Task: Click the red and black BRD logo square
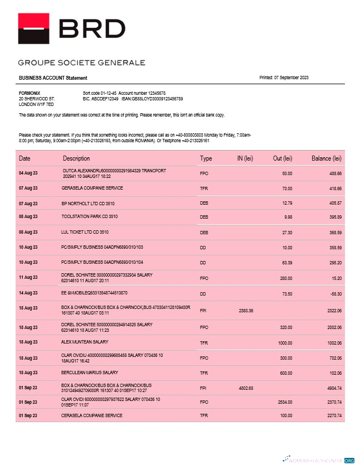[x=37, y=28]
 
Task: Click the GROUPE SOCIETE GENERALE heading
[x=81, y=62]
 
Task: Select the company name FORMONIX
[x=29, y=93]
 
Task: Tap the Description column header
[x=76, y=159]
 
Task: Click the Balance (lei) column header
[x=326, y=159]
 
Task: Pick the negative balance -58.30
[x=334, y=293]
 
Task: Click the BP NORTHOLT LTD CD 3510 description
[x=84, y=204]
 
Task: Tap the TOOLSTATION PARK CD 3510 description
[x=89, y=216]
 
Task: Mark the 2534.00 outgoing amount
[x=284, y=402]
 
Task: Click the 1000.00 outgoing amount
[x=284, y=342]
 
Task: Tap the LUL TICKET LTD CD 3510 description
[x=85, y=231]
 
